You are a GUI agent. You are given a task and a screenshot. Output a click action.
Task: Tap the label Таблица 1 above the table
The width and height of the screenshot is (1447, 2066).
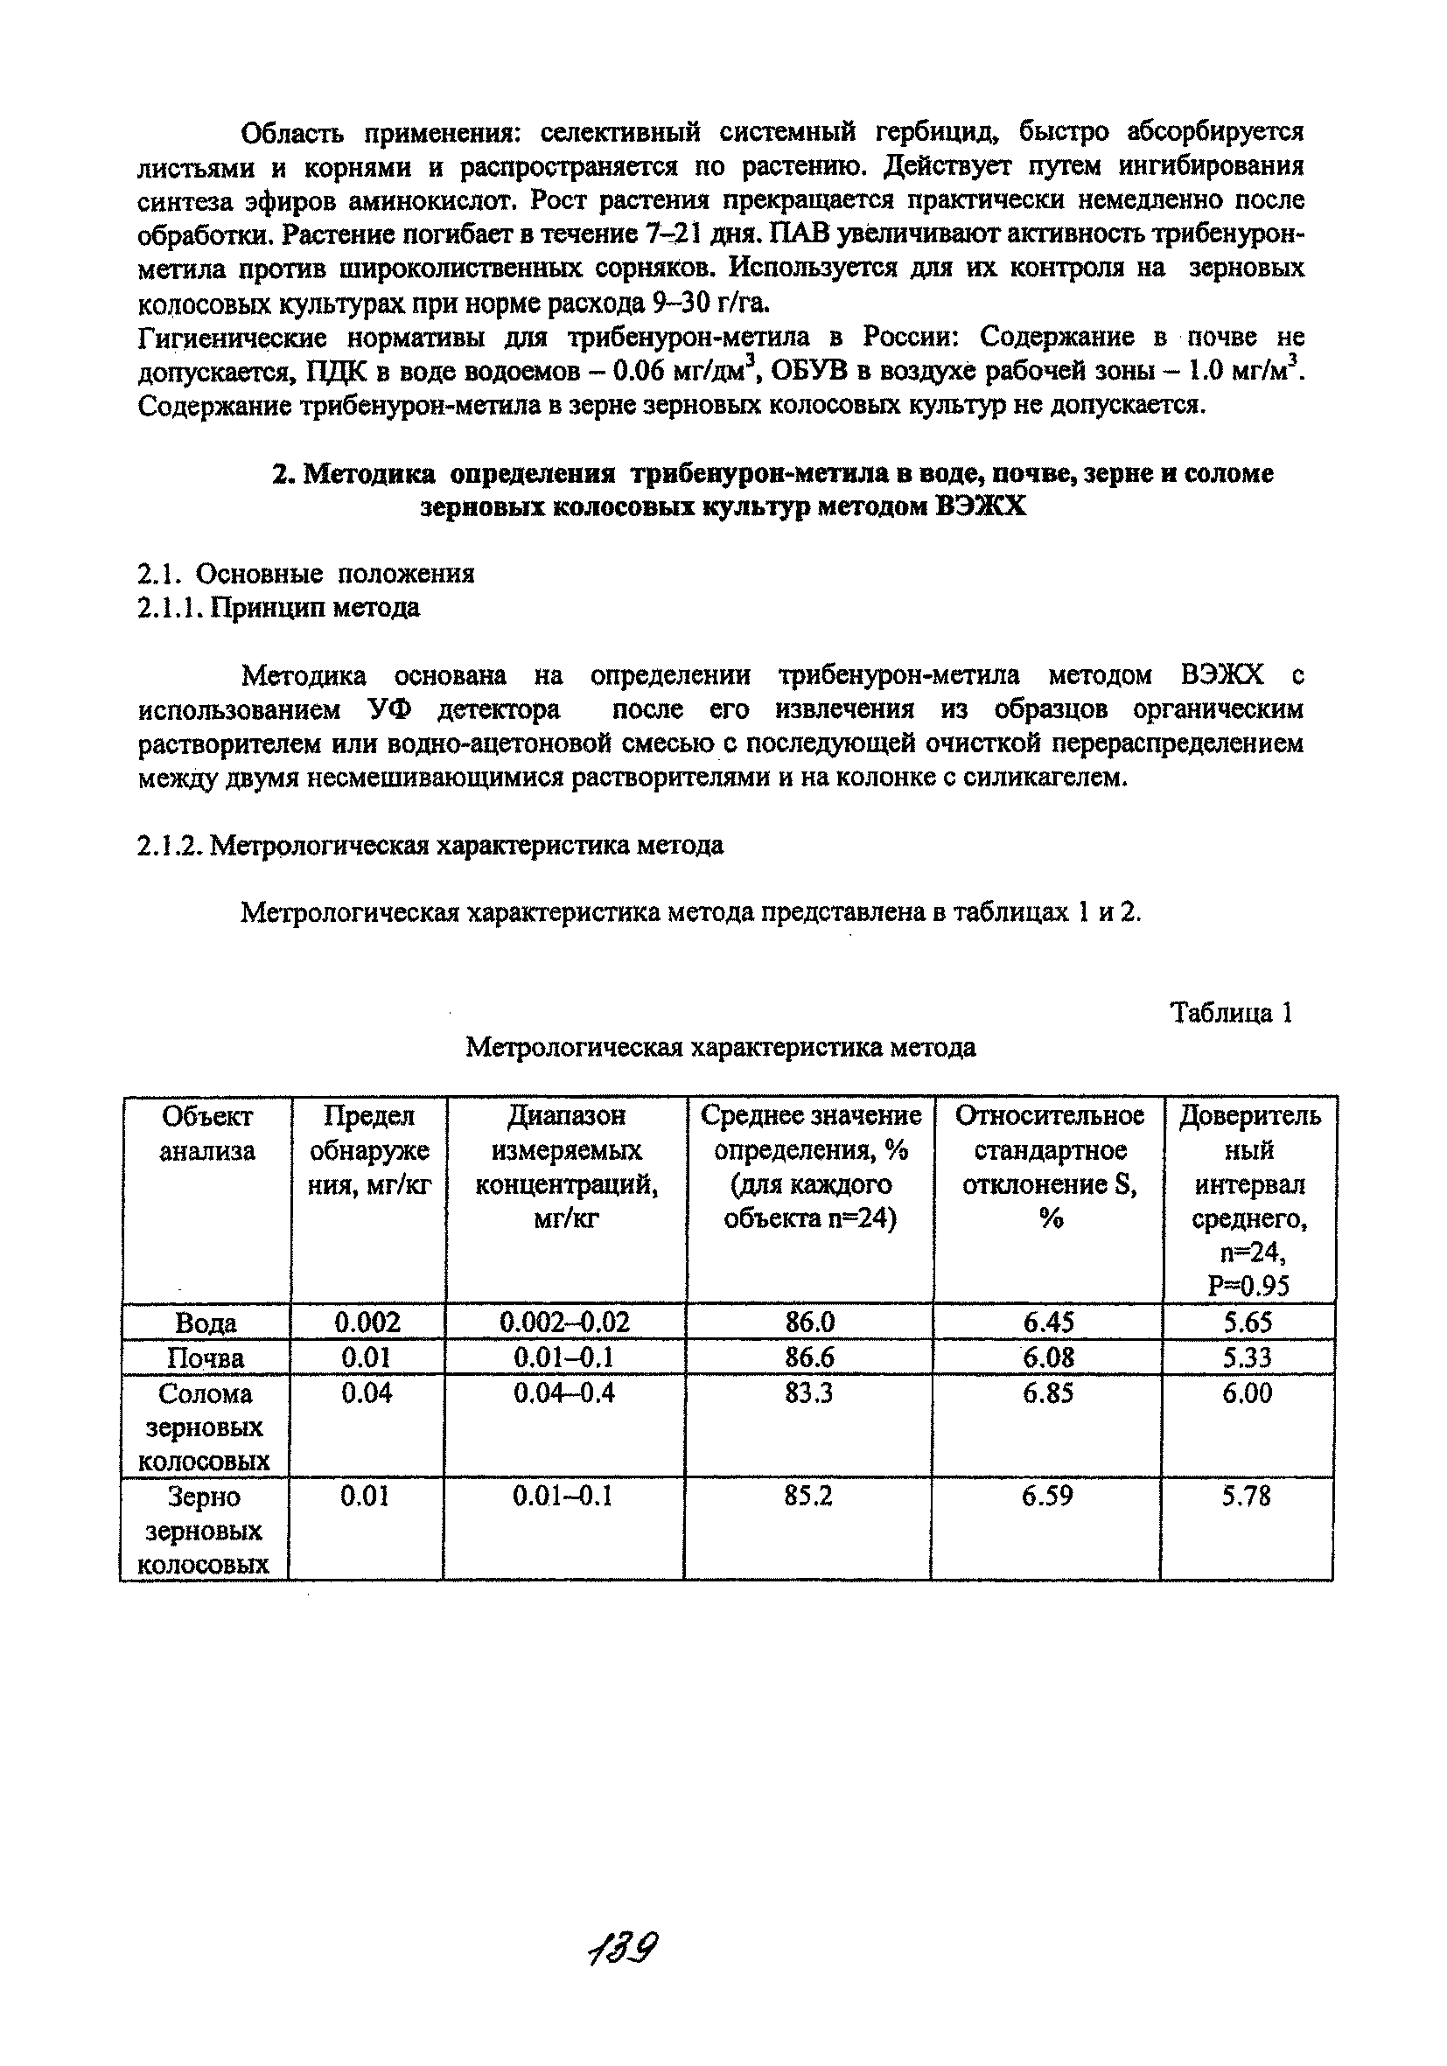click(x=1231, y=1013)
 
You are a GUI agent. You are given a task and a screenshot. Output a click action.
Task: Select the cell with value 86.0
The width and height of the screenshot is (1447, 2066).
click(x=810, y=1322)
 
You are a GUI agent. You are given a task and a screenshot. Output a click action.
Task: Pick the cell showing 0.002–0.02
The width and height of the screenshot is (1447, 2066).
click(x=565, y=1322)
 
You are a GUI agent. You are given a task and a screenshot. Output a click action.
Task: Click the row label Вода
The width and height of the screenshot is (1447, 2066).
click(x=206, y=1323)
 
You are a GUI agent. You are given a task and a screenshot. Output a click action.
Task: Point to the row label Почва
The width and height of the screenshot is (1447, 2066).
click(x=206, y=1358)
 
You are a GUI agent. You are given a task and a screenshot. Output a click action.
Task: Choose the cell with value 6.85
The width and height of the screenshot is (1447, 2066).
click(x=1048, y=1394)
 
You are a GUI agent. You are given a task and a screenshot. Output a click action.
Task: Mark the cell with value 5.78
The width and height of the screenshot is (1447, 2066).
click(x=1247, y=1497)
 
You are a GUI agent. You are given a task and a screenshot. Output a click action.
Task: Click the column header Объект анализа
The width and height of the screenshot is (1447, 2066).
click(x=207, y=1134)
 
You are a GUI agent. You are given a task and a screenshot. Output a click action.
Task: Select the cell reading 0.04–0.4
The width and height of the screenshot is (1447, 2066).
click(x=564, y=1394)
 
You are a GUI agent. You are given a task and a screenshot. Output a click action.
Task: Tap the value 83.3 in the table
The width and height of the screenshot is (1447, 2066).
click(x=809, y=1394)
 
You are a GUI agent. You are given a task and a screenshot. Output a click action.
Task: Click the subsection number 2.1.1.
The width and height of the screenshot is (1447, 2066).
click(x=169, y=608)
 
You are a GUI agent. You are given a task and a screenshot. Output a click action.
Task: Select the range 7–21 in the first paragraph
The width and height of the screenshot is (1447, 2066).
click(x=673, y=235)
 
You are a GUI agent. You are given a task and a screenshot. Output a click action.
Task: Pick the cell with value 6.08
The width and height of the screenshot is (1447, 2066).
click(x=1048, y=1358)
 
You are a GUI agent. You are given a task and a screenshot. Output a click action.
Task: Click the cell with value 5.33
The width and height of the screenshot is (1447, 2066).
click(x=1248, y=1358)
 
